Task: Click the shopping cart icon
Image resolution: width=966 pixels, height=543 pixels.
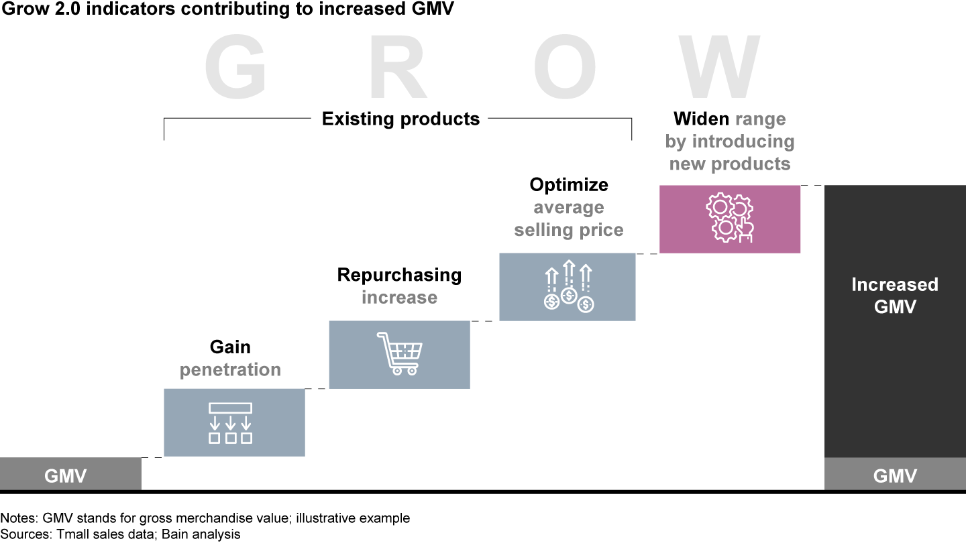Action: pyautogui.click(x=400, y=353)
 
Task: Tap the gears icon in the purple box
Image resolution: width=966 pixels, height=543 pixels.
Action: pyautogui.click(x=730, y=219)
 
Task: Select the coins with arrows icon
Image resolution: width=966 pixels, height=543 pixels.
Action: pyautogui.click(x=568, y=287)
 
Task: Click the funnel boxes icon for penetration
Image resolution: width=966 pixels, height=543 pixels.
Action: pyautogui.click(x=230, y=423)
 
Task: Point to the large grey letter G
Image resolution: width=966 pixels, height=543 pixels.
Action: pyautogui.click(x=235, y=67)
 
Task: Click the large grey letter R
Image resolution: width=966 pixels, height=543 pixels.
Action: pyautogui.click(x=398, y=67)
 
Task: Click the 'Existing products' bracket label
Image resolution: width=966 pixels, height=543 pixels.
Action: pyautogui.click(x=400, y=119)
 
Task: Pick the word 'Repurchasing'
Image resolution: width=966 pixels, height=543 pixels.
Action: pyautogui.click(x=399, y=275)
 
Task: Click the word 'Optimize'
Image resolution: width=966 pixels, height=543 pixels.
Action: pyautogui.click(x=569, y=184)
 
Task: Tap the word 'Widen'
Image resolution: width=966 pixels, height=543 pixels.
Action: pyautogui.click(x=701, y=119)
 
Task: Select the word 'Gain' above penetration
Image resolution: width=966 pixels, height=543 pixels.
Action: pyautogui.click(x=230, y=347)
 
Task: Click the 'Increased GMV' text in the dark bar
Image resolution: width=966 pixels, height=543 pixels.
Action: pyautogui.click(x=894, y=295)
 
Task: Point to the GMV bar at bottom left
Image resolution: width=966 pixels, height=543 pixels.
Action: pyautogui.click(x=66, y=476)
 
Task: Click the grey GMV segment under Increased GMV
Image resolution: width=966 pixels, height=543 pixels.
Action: pyautogui.click(x=894, y=476)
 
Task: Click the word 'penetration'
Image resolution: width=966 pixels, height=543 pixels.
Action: pyautogui.click(x=230, y=369)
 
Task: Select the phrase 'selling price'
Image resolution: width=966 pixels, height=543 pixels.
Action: pyautogui.click(x=569, y=230)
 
